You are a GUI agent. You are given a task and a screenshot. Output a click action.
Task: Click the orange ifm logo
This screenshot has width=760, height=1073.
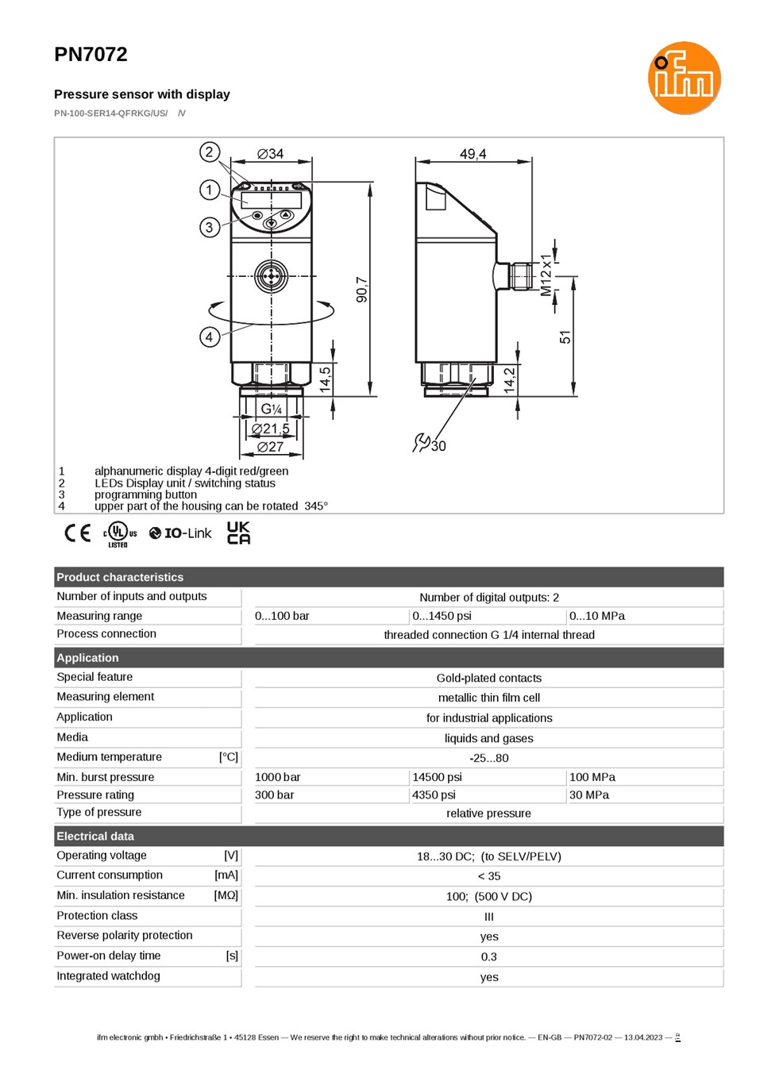pyautogui.click(x=684, y=78)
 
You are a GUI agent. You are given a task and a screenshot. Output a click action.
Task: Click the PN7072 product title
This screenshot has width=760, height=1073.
pyautogui.click(x=91, y=55)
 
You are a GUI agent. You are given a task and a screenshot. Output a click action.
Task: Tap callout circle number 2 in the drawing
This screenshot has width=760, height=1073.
pyautogui.click(x=210, y=152)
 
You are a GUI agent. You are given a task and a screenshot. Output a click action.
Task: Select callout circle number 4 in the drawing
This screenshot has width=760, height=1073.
pyautogui.click(x=210, y=337)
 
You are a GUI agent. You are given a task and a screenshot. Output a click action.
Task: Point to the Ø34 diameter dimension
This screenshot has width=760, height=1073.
pyautogui.click(x=271, y=154)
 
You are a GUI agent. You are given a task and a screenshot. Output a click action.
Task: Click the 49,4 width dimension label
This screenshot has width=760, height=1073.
pyautogui.click(x=473, y=154)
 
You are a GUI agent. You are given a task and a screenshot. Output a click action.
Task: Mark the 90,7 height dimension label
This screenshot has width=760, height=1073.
pyautogui.click(x=362, y=290)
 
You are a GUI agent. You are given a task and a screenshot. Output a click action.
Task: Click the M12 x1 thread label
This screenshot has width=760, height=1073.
pyautogui.click(x=546, y=275)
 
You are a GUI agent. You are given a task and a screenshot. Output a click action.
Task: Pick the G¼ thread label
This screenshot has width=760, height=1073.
pyautogui.click(x=272, y=409)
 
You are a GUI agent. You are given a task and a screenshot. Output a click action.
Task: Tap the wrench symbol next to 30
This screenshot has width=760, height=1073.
pyautogui.click(x=421, y=443)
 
